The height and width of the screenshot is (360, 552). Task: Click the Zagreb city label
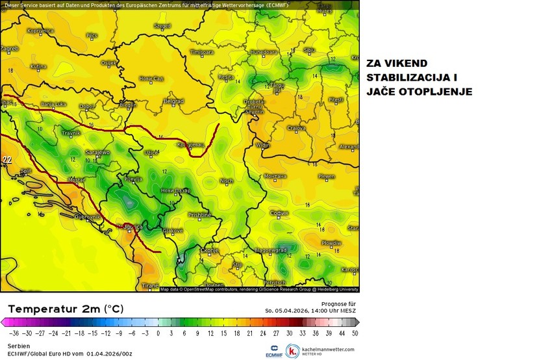9,48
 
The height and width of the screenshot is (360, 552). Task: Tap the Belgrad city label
173,101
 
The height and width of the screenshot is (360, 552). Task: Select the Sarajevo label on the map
97,152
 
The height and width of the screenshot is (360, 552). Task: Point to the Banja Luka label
54,104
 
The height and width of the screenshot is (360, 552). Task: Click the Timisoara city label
201,51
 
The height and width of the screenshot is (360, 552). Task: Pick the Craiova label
297,128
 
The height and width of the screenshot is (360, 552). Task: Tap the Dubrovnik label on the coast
87,216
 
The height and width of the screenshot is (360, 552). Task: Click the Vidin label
263,146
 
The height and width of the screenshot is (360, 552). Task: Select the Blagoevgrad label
271,250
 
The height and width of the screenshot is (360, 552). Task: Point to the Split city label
26,172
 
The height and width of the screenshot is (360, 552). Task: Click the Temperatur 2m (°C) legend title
65,308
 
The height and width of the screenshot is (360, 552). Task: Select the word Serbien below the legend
19,346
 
